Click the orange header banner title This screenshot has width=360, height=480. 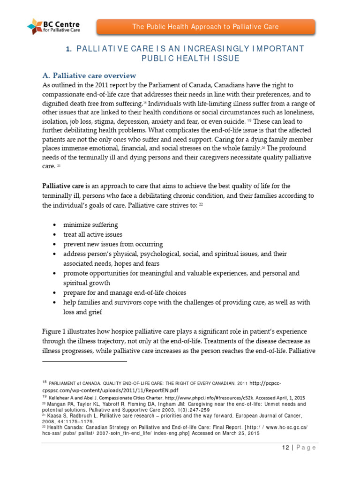tap(205, 27)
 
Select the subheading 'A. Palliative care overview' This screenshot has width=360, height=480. tap(89, 75)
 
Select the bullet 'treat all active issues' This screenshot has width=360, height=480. tap(93, 234)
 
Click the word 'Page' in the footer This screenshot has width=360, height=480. tap(304, 447)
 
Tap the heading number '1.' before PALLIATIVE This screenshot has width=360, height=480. tap(68, 49)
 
